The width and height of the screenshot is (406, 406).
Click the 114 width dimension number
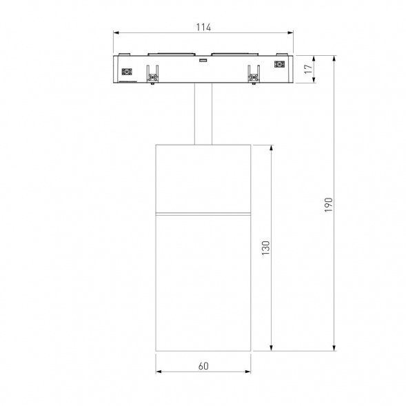tap(203, 27)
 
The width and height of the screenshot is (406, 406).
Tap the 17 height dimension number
tap(310, 69)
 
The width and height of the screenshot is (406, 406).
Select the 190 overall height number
tap(329, 205)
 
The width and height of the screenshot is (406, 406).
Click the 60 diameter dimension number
tap(203, 366)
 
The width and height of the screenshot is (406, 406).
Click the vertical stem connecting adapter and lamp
tap(203, 114)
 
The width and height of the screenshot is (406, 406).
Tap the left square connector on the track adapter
tap(127, 71)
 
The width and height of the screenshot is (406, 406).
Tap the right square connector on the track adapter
tap(279, 65)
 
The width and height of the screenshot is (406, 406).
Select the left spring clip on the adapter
tap(153, 74)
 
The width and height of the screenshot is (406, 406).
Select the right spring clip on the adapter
tap(252, 74)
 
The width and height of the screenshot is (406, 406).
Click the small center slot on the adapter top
tap(203, 62)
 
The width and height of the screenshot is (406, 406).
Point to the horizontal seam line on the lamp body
tap(203, 214)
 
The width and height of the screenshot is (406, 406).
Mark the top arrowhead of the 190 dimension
tap(336, 57)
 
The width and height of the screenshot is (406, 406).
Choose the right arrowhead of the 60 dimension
tap(247, 372)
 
